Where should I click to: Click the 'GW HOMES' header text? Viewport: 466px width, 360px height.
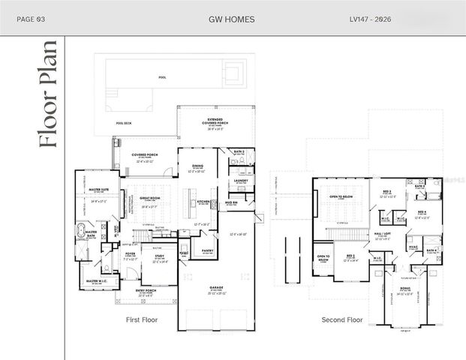point(233,17)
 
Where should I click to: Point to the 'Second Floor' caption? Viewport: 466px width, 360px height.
point(341,319)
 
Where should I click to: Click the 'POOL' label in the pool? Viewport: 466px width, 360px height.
point(162,77)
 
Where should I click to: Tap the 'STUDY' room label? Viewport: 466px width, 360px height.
point(159,258)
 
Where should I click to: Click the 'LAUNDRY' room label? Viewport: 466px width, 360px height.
point(241,180)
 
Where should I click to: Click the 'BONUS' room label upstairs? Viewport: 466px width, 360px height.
point(404,288)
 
